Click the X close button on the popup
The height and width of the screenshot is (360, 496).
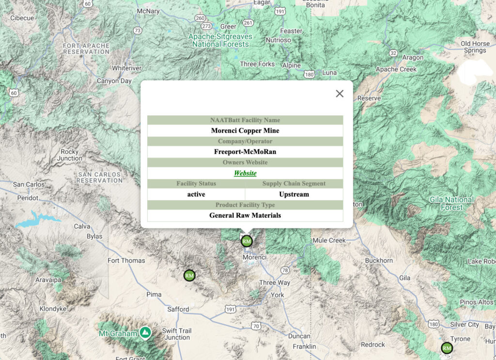(340, 94)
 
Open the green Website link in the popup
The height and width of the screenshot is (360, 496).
(245, 173)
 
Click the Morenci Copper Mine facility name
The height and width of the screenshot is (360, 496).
(245, 130)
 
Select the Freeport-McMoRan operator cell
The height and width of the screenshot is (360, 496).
(245, 152)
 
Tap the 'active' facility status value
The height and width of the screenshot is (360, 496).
(196, 194)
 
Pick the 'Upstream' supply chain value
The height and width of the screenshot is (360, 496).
(294, 194)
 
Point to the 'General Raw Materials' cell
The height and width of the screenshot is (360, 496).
(245, 215)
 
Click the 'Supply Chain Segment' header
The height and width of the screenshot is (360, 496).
(294, 184)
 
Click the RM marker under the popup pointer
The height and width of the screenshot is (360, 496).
(247, 241)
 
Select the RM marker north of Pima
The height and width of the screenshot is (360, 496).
(189, 275)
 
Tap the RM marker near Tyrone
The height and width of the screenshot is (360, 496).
(447, 347)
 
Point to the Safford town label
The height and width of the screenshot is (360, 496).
(178, 309)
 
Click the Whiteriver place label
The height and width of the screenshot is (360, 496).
(126, 68)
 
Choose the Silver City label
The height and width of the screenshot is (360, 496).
(465, 325)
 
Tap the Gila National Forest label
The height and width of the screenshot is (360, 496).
(451, 203)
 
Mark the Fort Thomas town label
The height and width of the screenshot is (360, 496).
(126, 261)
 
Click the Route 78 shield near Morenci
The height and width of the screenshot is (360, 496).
(285, 270)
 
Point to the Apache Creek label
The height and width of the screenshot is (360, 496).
(396, 69)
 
